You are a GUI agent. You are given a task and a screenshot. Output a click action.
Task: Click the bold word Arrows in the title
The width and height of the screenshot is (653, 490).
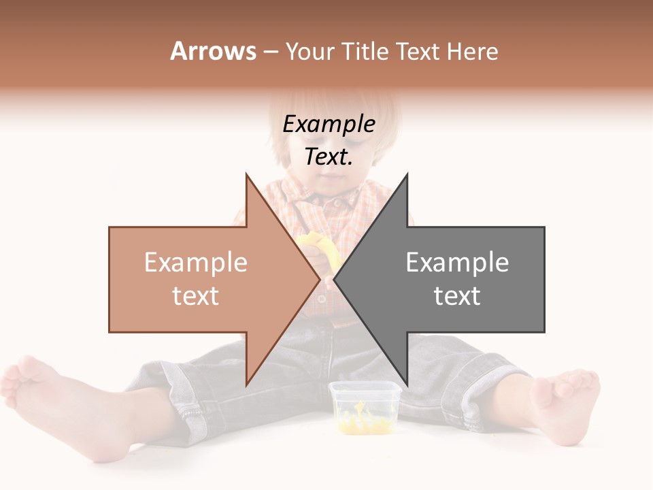pyautogui.click(x=214, y=51)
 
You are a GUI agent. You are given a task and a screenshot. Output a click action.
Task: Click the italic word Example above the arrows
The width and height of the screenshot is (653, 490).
pyautogui.click(x=329, y=124)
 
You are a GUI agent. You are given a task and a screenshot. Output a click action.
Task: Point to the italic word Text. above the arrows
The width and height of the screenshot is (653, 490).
pyautogui.click(x=329, y=157)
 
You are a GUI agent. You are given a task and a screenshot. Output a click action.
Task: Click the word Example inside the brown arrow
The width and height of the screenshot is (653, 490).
pyautogui.click(x=196, y=263)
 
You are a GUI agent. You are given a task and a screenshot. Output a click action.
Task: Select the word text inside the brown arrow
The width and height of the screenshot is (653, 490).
pyautogui.click(x=196, y=296)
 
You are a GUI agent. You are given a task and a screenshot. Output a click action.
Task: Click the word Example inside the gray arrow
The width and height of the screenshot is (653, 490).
pyautogui.click(x=457, y=263)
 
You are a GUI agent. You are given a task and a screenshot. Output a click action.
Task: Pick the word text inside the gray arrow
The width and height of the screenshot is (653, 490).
pyautogui.click(x=457, y=296)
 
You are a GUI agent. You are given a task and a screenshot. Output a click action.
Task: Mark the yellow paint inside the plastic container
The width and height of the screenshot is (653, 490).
pyautogui.click(x=356, y=422)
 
